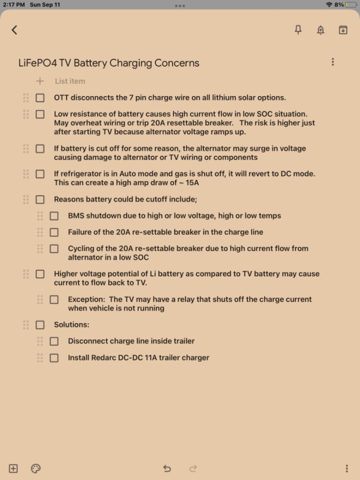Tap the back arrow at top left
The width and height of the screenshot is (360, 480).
pos(15,30)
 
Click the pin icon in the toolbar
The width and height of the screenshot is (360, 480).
pos(298,30)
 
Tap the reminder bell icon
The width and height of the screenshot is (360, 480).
pos(320,30)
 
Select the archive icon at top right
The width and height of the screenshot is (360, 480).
pos(343,30)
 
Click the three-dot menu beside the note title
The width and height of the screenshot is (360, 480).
pos(333,62)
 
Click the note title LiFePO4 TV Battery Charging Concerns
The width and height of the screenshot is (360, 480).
pos(109,63)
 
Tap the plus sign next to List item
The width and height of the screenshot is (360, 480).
pos(40,81)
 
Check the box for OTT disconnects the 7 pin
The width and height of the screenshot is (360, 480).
pos(40,98)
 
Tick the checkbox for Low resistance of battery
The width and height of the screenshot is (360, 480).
pos(40,114)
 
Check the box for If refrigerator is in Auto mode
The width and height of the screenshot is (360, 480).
pos(40,174)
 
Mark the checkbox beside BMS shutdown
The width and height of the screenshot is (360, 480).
pos(54,216)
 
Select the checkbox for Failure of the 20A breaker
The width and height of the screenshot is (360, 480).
pos(54,232)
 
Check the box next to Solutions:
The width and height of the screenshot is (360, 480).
pos(40,325)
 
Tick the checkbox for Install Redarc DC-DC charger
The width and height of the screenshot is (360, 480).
pos(54,358)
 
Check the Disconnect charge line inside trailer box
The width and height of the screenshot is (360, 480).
pos(54,341)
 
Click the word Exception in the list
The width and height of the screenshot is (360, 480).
pos(86,299)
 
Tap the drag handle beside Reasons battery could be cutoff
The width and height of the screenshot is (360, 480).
pos(26,200)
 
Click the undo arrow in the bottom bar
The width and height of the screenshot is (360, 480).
pos(167,468)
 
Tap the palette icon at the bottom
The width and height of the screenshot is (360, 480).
pos(36,468)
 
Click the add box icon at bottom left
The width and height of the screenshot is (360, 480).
pos(13,468)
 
